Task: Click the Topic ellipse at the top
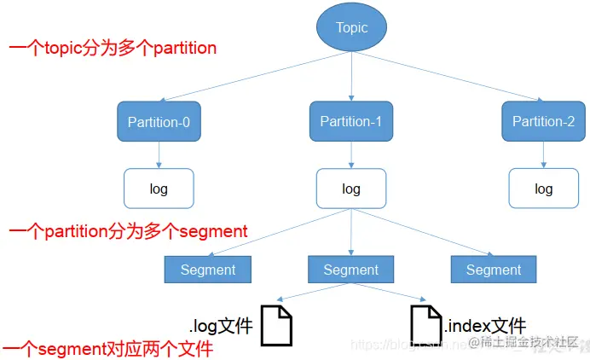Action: (351, 28)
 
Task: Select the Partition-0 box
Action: (159, 122)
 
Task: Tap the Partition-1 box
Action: (351, 122)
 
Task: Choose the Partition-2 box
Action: (543, 122)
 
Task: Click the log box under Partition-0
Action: (159, 189)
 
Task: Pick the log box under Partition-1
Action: (351, 189)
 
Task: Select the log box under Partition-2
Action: (543, 189)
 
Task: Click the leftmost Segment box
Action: (207, 270)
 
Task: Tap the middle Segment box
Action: (351, 270)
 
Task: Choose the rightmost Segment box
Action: (494, 270)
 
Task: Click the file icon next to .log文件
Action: (276, 325)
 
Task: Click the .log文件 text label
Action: (222, 324)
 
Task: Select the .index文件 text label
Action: (484, 324)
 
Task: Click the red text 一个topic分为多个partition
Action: (113, 49)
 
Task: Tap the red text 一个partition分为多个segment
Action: (128, 231)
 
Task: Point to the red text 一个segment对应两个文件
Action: (107, 349)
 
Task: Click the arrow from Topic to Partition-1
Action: (351, 76)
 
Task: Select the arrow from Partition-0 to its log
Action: (159, 154)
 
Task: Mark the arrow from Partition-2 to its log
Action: (543, 154)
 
